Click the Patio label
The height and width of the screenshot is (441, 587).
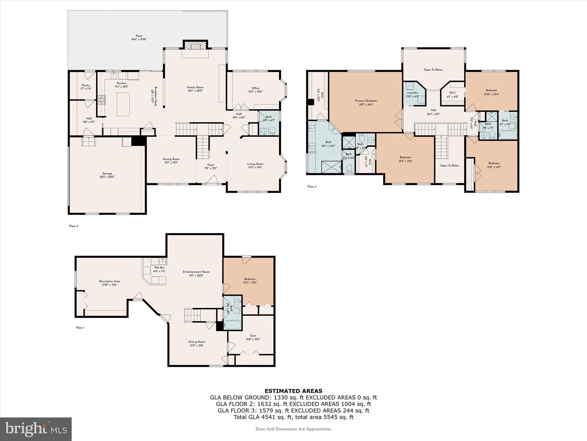click(x=139, y=36)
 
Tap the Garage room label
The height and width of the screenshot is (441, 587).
click(x=107, y=173)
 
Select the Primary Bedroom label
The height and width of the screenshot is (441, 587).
click(x=366, y=101)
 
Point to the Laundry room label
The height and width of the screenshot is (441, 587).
click(x=412, y=93)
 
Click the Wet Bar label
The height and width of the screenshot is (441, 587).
click(x=159, y=268)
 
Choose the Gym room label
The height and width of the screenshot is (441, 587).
click(x=253, y=336)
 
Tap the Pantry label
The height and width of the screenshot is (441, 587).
click(x=86, y=85)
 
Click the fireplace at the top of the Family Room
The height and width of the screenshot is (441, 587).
click(x=195, y=46)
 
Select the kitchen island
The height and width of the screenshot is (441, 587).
click(x=123, y=104)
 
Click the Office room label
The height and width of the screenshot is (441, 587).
click(x=255, y=88)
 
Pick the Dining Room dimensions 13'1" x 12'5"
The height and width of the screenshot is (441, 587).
click(x=171, y=163)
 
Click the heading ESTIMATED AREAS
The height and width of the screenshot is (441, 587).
click(x=293, y=391)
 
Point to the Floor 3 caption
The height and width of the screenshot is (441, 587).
click(x=312, y=187)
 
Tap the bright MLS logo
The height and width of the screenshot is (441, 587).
click(x=36, y=429)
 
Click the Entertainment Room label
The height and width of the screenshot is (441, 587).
click(x=196, y=272)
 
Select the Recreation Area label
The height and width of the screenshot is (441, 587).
click(x=109, y=281)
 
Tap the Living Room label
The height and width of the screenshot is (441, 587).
click(x=255, y=164)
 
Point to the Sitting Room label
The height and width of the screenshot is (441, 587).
click(x=197, y=342)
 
